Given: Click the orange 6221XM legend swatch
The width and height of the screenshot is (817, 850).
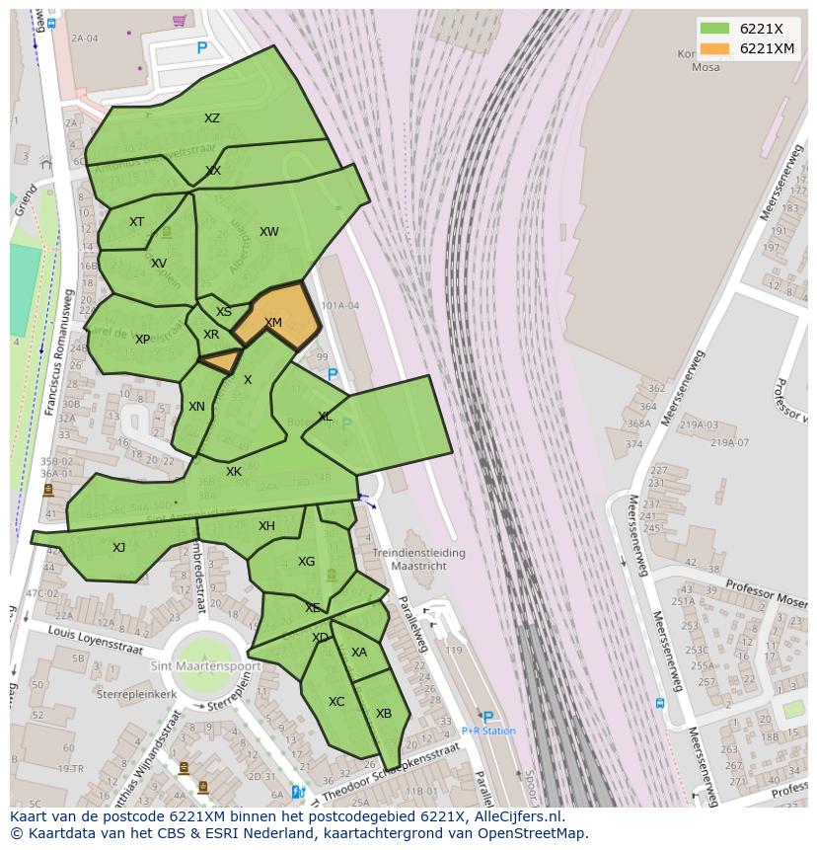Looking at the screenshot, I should pyautogui.click(x=715, y=48).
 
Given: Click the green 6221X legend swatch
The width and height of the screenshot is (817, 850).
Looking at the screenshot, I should pyautogui.click(x=715, y=29).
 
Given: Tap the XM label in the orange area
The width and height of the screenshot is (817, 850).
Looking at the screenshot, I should pyautogui.click(x=273, y=323).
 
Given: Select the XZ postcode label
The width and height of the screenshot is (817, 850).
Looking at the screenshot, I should pyautogui.click(x=212, y=118).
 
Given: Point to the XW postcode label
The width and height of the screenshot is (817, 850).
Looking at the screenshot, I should pyautogui.click(x=268, y=232).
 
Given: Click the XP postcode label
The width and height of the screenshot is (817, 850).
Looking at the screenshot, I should pyautogui.click(x=142, y=340).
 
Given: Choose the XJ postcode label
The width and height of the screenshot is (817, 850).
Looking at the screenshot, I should pyautogui.click(x=118, y=548).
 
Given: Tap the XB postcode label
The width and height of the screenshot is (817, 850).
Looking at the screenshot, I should pyautogui.click(x=384, y=714).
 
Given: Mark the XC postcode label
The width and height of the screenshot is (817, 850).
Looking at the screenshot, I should pyautogui.click(x=336, y=702).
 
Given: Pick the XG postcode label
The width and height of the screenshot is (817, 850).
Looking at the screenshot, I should pyautogui.click(x=306, y=562).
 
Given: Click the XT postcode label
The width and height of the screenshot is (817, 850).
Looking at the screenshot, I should pyautogui.click(x=136, y=222).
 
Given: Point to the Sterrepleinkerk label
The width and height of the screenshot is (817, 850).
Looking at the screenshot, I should pyautogui.click(x=136, y=694).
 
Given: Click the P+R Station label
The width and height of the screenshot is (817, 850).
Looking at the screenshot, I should pyautogui.click(x=488, y=731).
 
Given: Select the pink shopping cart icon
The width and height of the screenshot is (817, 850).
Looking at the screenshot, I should pyautogui.click(x=179, y=20).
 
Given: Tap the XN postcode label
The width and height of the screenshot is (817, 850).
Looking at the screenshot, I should pyautogui.click(x=196, y=407).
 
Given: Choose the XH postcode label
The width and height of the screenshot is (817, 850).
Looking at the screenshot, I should pyautogui.click(x=266, y=526).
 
